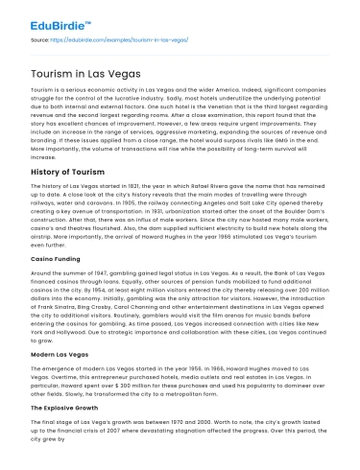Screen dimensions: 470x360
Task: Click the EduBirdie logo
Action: click(46, 16)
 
